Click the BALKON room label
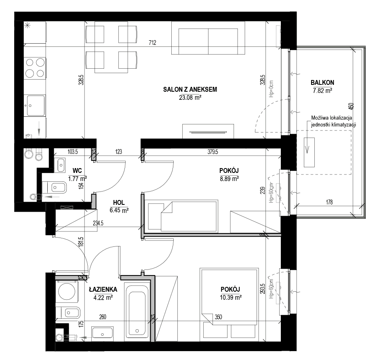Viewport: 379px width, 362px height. [322, 83]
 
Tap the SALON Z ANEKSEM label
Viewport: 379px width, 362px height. [190, 89]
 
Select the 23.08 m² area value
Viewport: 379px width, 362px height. [190, 97]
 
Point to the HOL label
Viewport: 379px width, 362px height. [119, 202]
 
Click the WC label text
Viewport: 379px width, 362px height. [77, 170]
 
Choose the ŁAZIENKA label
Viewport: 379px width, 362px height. [103, 289]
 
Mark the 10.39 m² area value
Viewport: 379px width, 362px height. [231, 297]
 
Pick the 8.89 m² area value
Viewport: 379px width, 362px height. [229, 179]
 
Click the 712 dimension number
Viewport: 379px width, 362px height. [152, 43]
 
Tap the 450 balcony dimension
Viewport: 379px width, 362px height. [352, 106]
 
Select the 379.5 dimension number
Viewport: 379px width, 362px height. [213, 152]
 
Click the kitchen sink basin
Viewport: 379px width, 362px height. [36, 105]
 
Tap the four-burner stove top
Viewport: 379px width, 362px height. [35, 68]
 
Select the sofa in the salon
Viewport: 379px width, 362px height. [208, 38]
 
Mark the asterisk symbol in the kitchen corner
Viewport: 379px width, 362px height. [27, 25]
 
